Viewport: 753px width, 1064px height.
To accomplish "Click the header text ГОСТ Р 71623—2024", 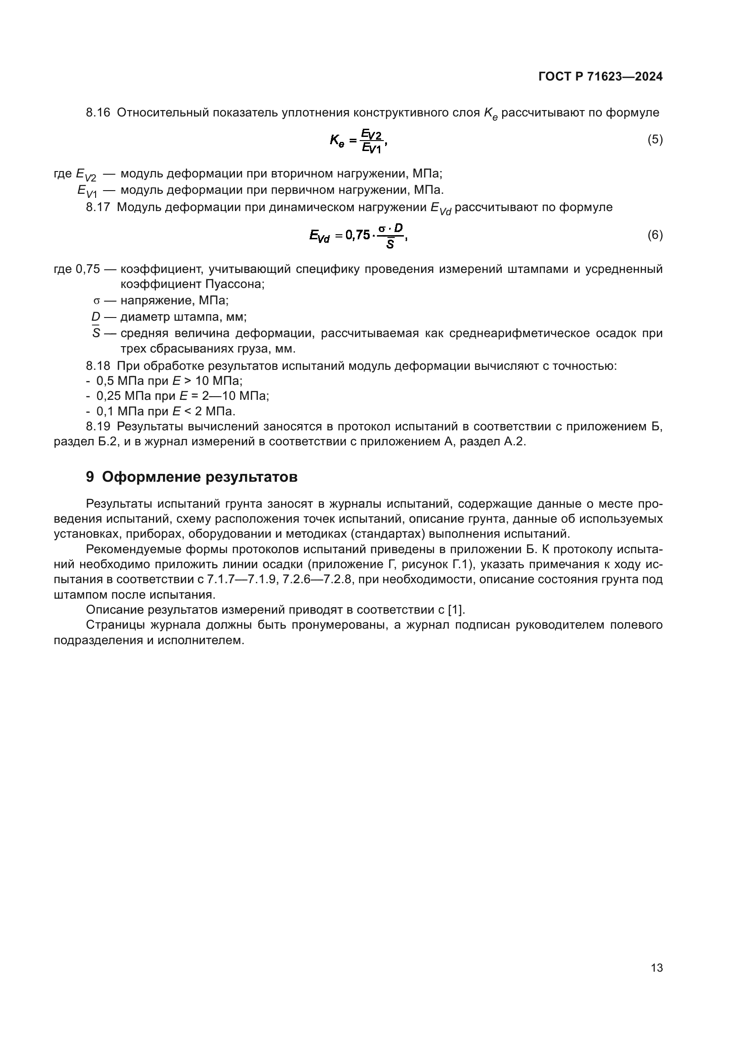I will (600, 77).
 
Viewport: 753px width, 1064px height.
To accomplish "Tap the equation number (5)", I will (655, 140).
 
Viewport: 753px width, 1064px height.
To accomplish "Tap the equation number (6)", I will (655, 235).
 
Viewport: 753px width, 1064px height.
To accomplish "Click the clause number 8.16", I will (98, 113).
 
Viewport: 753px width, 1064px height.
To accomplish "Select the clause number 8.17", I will (98, 207).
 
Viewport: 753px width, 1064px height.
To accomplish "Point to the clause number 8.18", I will (98, 366).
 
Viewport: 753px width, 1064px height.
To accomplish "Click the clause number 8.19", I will (98, 426).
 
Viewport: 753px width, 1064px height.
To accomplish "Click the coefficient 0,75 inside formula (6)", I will (357, 236).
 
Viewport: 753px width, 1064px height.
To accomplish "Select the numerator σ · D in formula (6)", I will (391, 228).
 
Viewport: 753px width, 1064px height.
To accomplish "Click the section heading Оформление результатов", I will (199, 477).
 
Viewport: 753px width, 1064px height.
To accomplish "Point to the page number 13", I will (656, 968).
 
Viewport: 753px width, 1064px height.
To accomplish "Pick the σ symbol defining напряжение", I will (97, 301).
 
